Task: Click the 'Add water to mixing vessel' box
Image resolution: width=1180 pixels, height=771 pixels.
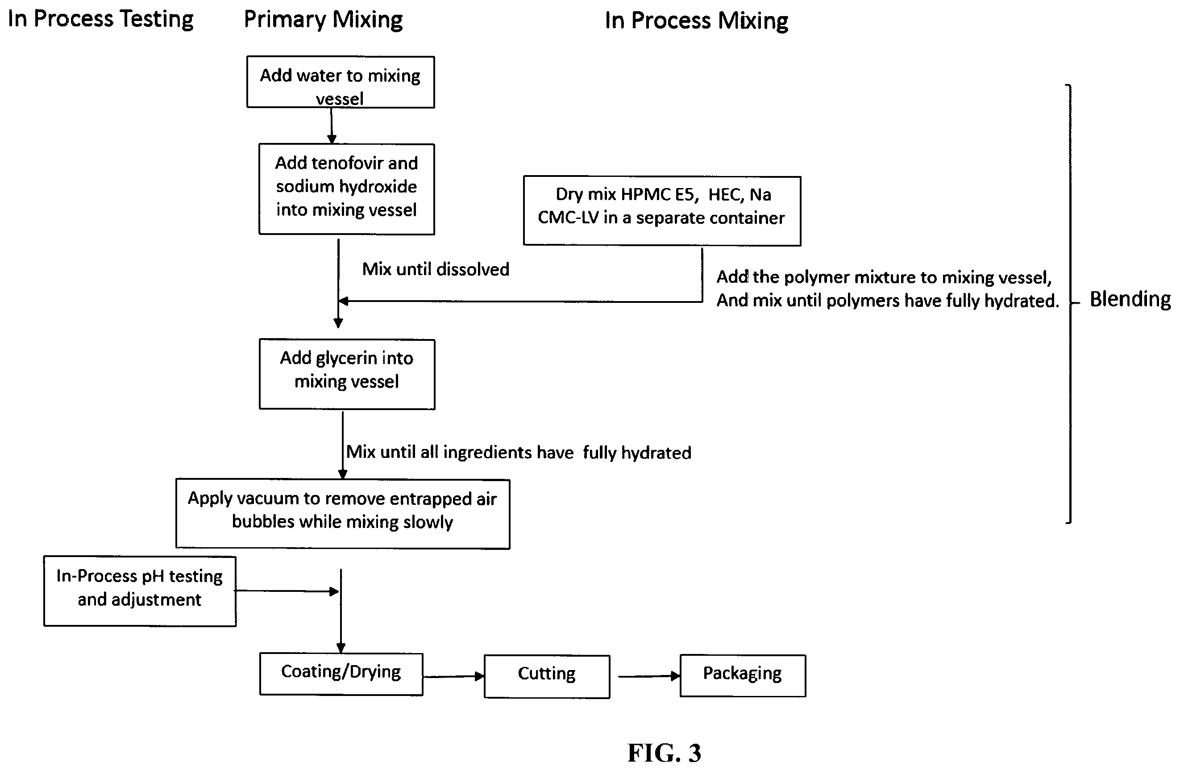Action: click(x=341, y=82)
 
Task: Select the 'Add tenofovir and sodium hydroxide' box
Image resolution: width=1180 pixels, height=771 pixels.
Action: click(x=347, y=189)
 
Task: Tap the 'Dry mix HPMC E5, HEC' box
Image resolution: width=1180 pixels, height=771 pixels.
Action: click(x=662, y=211)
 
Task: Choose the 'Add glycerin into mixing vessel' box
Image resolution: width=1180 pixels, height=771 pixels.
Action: click(x=347, y=374)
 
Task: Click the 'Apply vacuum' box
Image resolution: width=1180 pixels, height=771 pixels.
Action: click(x=343, y=514)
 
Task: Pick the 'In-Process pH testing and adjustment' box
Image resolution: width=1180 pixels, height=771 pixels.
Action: click(x=140, y=591)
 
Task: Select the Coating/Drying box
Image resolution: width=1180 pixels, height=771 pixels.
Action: click(x=341, y=674)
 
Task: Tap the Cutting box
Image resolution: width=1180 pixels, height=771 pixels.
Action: click(x=547, y=676)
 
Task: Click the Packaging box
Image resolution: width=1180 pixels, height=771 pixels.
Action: click(x=743, y=676)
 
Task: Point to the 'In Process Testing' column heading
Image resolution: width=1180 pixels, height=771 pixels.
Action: click(x=101, y=19)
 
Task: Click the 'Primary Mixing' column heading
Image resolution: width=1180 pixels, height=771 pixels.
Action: click(x=323, y=20)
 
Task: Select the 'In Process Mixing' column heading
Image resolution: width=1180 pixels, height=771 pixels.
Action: click(x=696, y=21)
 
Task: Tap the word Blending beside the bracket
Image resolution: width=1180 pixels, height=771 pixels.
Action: click(x=1130, y=299)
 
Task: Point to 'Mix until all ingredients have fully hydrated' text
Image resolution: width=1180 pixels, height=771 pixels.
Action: click(x=519, y=453)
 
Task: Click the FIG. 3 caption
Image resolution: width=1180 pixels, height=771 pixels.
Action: click(x=665, y=753)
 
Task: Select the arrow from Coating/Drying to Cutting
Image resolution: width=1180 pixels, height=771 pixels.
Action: click(x=453, y=676)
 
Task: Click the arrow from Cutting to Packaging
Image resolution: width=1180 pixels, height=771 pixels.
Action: click(x=649, y=676)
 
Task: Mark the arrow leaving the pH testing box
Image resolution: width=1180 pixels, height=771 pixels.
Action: click(x=287, y=591)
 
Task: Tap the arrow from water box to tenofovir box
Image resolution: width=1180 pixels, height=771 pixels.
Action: click(x=332, y=126)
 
